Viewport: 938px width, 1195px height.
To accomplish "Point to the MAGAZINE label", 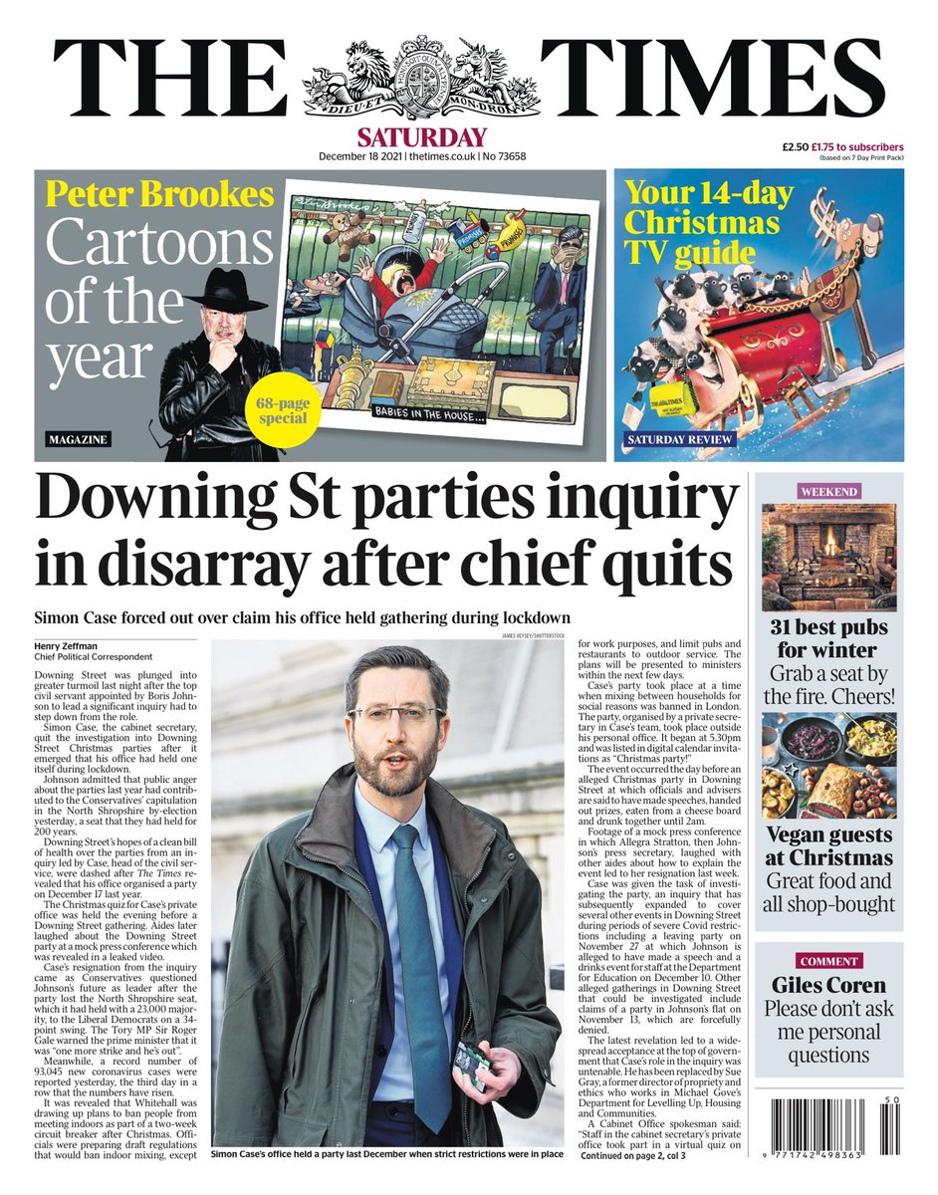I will [77, 439].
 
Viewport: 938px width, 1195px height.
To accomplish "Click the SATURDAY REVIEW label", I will [679, 439].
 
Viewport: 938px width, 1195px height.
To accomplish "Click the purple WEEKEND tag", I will [828, 491].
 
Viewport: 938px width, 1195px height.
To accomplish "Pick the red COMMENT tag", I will [828, 961].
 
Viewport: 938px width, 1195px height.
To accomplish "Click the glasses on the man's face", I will [397, 713].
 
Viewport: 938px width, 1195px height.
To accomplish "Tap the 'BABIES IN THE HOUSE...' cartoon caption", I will [431, 410].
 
